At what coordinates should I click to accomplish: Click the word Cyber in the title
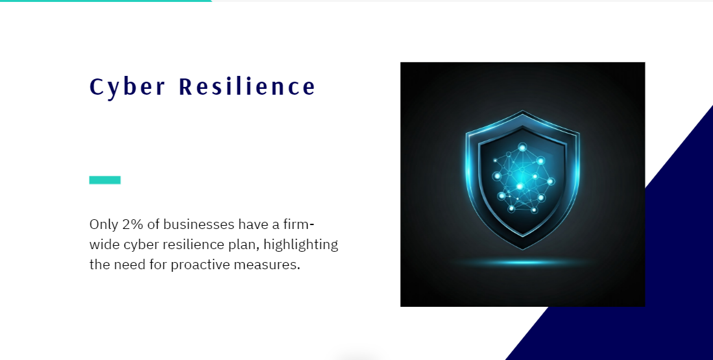coord(127,87)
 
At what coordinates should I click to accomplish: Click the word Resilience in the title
coord(247,87)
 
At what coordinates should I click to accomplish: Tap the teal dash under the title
coord(104,180)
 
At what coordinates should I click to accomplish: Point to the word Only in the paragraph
coord(103,224)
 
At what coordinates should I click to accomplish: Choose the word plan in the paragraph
coord(243,245)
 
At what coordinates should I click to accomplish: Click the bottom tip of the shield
coord(522,249)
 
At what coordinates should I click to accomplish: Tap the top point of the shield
coord(522,112)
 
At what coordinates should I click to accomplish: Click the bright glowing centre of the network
coord(520,186)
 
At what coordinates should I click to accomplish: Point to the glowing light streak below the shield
coord(523,263)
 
